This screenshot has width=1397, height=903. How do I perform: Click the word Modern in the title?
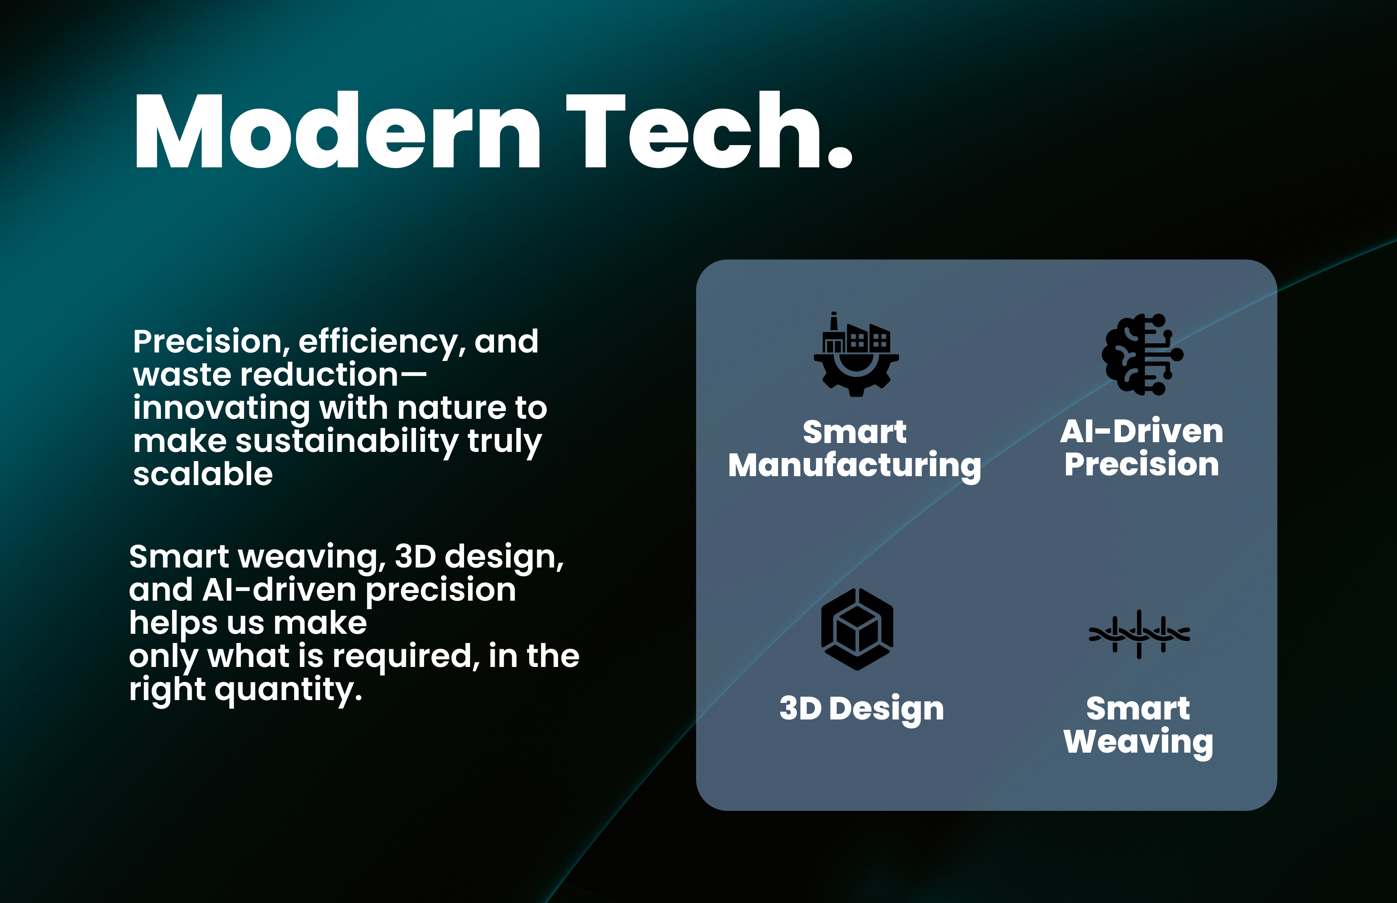point(338,131)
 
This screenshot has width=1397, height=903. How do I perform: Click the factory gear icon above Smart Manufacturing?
point(856,354)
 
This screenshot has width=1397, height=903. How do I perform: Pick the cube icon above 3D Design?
point(857,629)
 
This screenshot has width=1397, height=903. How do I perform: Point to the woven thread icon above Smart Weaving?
point(1139,634)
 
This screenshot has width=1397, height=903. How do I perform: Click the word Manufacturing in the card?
point(855,466)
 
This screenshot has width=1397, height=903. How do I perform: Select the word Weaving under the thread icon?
point(1138,743)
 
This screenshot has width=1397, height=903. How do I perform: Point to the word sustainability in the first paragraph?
point(346,441)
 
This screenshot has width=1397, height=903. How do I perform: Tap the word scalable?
point(203,474)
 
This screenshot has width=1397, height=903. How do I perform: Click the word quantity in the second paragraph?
point(289,690)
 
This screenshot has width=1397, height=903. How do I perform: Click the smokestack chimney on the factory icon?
point(834,322)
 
